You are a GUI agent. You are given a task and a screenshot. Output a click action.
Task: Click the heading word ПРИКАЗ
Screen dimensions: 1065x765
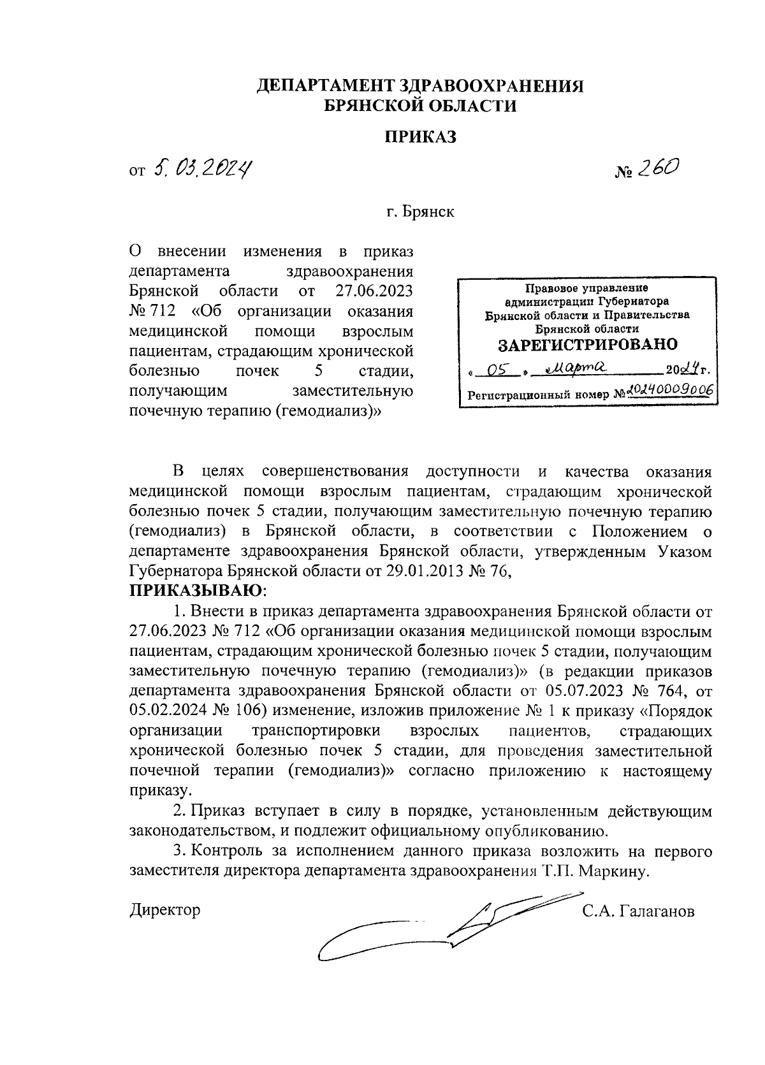click(x=420, y=136)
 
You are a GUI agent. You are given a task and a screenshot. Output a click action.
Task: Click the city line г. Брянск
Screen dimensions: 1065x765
click(x=420, y=212)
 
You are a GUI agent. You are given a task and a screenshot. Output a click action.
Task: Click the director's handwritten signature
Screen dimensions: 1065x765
click(x=440, y=927)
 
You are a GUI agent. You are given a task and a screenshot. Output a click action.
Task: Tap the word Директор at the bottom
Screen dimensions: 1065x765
click(x=164, y=909)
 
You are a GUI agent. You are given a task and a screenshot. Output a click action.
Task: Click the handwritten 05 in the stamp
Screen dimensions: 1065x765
click(x=494, y=370)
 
